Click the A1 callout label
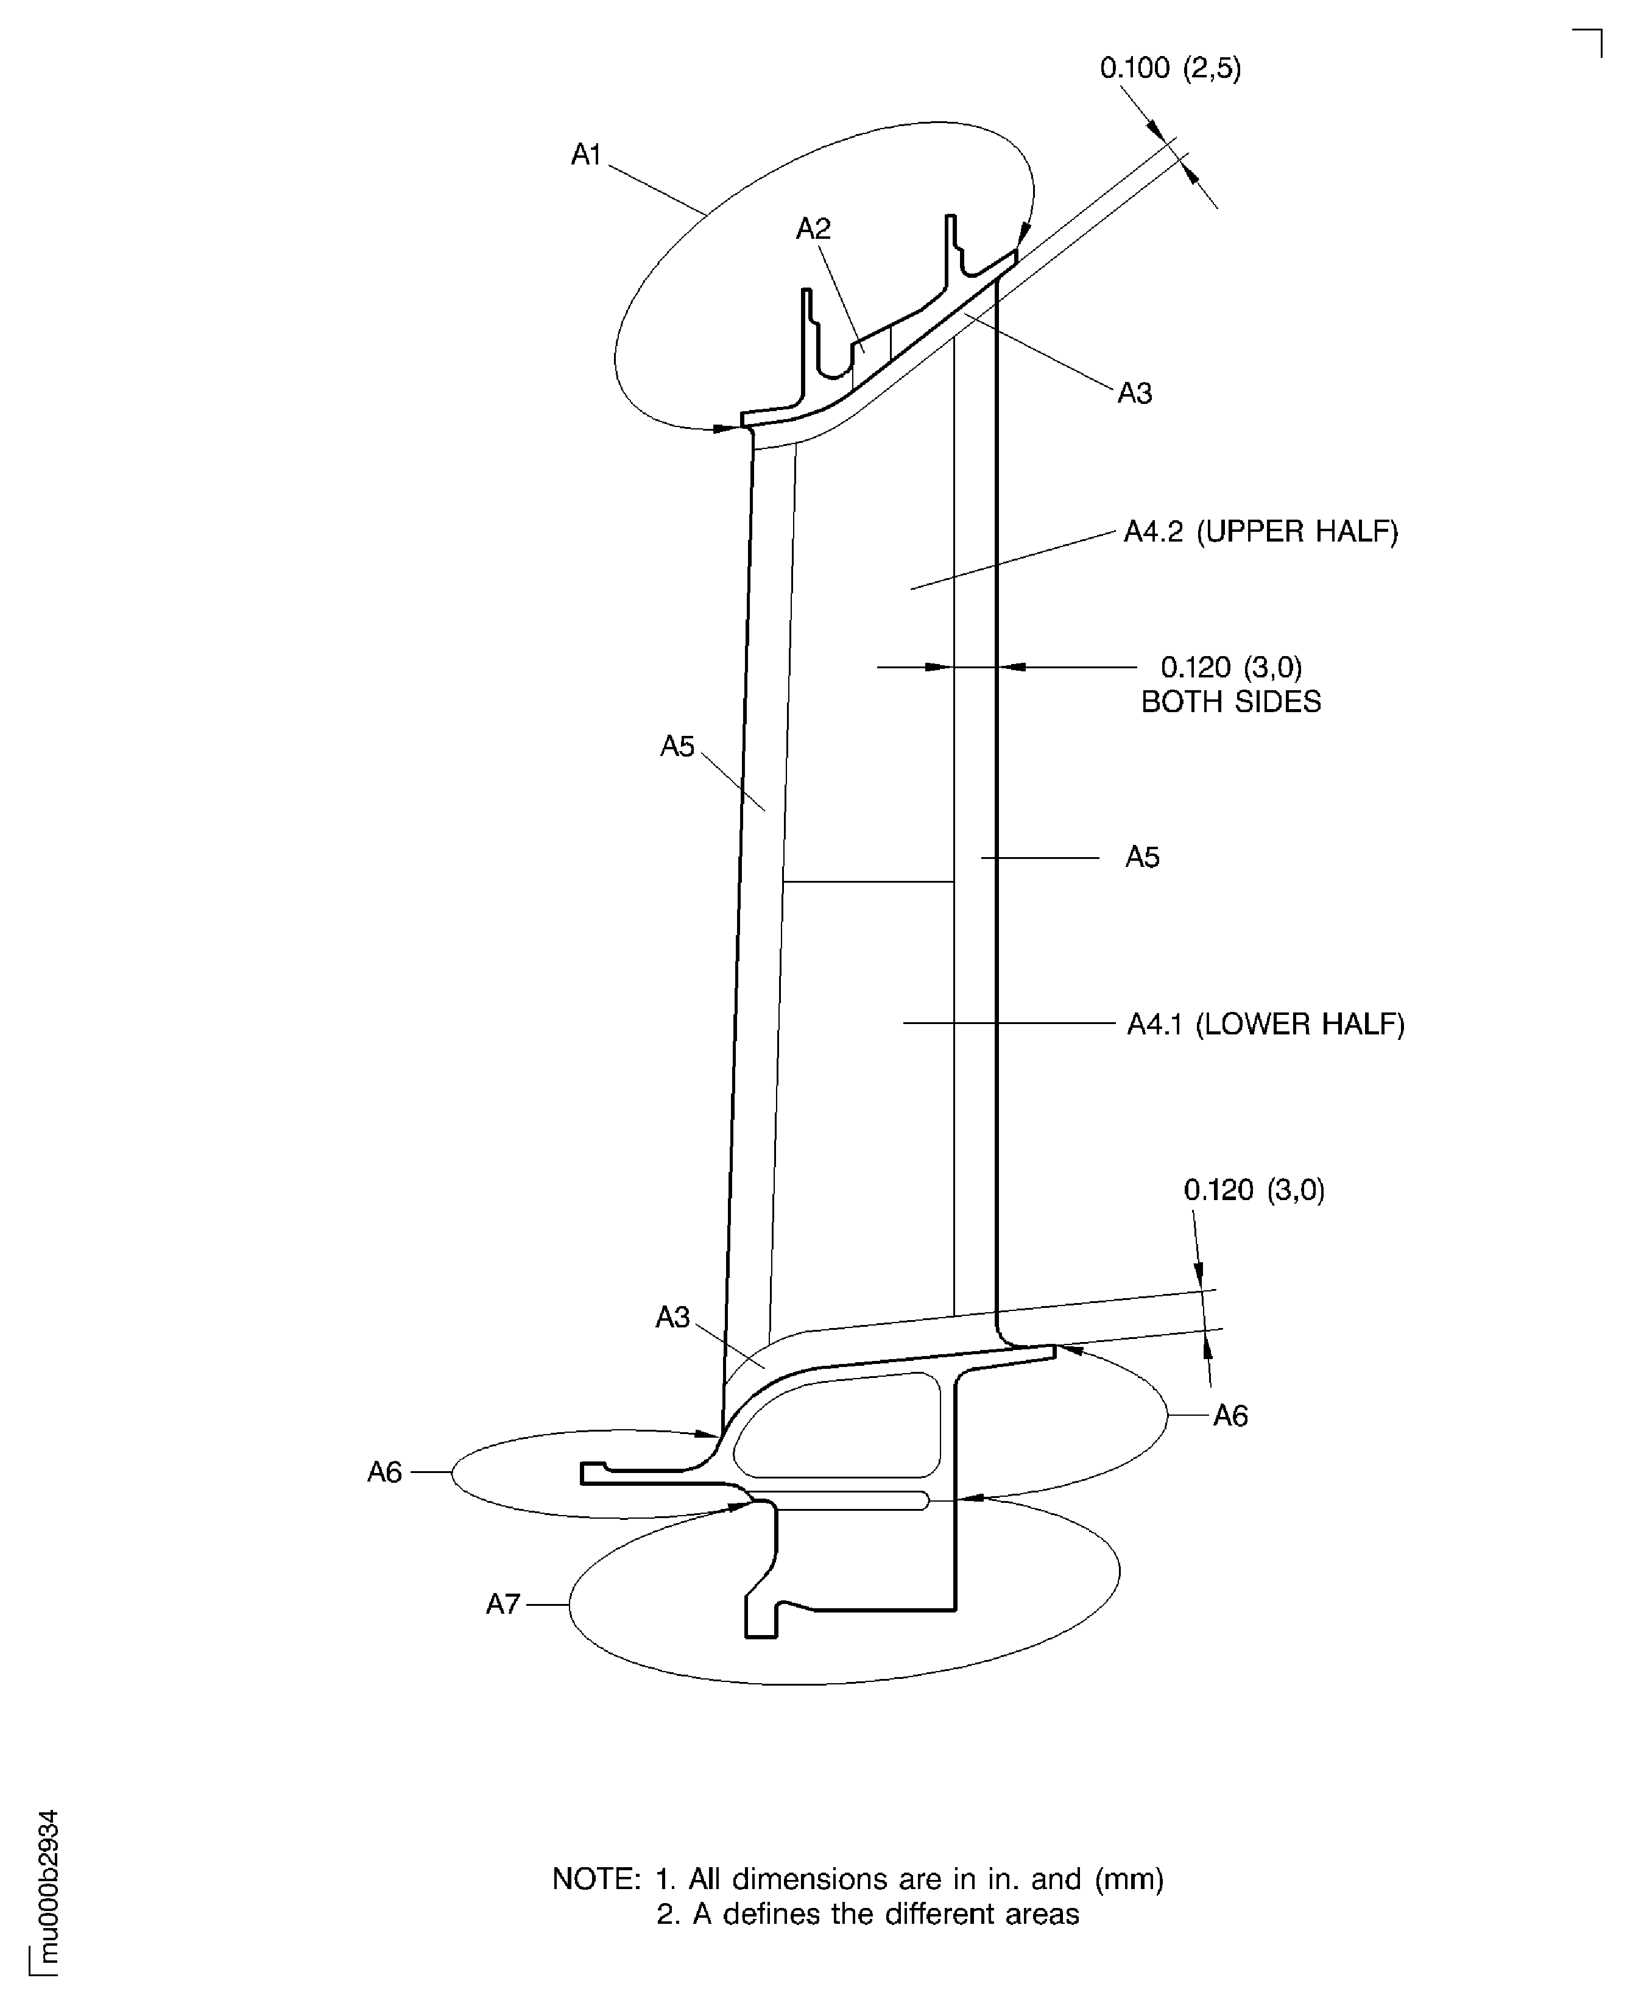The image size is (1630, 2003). tap(586, 154)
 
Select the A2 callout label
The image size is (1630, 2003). tap(813, 228)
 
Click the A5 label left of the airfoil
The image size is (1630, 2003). tap(677, 746)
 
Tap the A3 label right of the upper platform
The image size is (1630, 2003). tap(1134, 394)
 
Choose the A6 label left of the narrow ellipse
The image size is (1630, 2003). tap(384, 1472)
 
